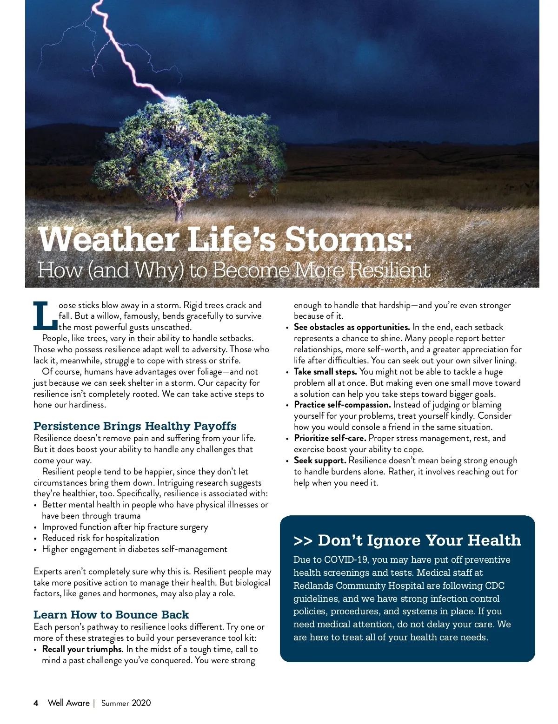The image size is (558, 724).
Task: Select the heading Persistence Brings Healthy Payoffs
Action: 135,426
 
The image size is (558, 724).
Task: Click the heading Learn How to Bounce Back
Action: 111,615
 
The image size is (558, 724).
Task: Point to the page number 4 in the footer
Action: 36,703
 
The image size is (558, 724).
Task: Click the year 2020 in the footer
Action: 141,703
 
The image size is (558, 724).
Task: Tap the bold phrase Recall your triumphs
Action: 82,649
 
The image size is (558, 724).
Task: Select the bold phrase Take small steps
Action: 325,372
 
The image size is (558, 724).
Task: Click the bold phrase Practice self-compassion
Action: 342,405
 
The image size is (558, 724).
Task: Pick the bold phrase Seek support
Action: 320,461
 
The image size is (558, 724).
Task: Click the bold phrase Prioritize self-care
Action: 330,438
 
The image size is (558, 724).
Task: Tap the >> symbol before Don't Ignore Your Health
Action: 303,541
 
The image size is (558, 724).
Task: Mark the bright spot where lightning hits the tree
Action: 173,100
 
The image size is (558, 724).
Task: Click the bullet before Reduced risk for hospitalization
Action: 36,539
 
